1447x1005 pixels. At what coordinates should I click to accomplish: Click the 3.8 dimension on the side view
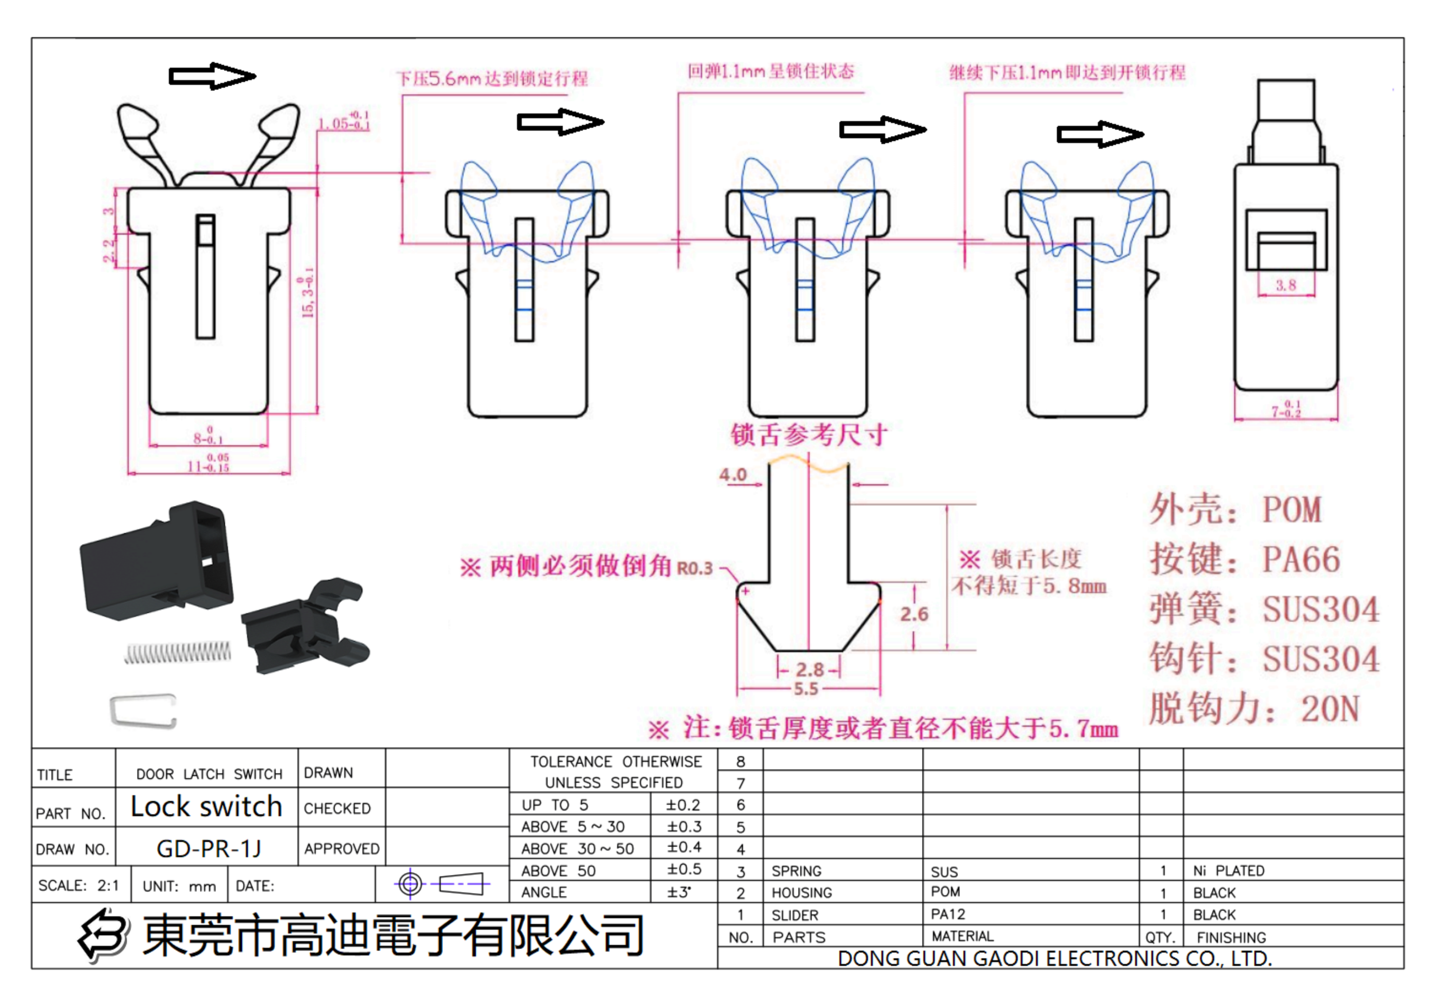(1285, 285)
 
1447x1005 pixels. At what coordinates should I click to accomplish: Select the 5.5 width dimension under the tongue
(806, 688)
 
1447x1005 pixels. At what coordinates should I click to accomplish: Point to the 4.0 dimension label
(733, 474)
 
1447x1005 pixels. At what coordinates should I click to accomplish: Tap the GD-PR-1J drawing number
(208, 848)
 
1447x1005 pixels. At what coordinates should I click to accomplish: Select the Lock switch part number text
(206, 807)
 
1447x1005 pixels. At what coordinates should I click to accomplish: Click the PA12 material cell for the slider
(948, 913)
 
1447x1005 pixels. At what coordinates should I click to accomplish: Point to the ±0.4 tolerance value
(684, 847)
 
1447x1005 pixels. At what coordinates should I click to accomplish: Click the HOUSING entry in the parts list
(801, 892)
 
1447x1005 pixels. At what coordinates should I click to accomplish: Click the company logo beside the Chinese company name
(103, 935)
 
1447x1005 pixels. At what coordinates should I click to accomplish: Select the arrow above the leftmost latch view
(212, 76)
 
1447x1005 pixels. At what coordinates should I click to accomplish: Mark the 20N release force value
(1330, 709)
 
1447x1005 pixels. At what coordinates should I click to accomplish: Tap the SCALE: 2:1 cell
(79, 885)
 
